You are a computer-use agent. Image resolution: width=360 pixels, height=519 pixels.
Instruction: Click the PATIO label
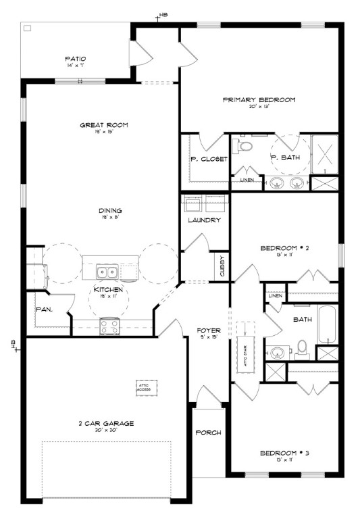tap(75, 59)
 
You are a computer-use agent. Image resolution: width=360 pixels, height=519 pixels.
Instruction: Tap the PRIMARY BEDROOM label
tap(259, 100)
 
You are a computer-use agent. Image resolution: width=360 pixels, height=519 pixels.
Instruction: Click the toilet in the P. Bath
tap(246, 145)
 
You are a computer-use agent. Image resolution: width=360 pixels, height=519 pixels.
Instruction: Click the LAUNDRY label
tap(204, 220)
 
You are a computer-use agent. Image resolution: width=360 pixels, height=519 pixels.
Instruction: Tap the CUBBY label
tap(222, 265)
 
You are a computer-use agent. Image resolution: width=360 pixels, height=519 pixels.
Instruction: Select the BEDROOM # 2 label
tap(284, 248)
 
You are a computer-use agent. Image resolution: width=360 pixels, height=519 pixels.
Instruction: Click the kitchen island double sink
tap(106, 273)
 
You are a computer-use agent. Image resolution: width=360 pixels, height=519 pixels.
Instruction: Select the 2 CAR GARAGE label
tap(105, 423)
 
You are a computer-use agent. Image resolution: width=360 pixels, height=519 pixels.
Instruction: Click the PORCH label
tap(208, 432)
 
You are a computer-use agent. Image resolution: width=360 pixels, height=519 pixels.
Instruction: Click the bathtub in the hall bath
tap(326, 326)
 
